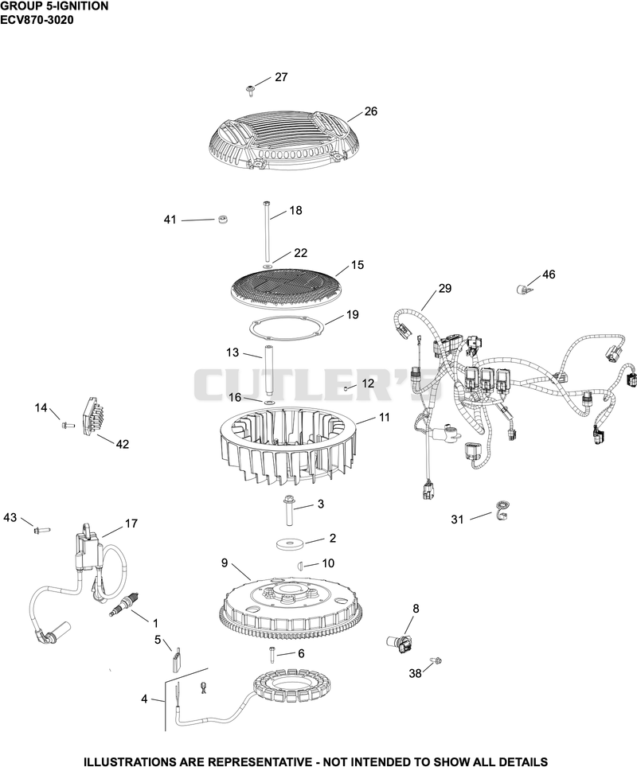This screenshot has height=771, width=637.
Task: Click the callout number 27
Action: pyautogui.click(x=281, y=77)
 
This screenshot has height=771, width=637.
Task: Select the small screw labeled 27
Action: pyautogui.click(x=250, y=89)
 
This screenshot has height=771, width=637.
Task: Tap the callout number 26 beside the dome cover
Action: pyautogui.click(x=370, y=111)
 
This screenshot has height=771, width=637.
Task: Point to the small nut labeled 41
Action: pyautogui.click(x=223, y=219)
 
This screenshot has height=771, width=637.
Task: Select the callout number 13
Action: pyautogui.click(x=233, y=352)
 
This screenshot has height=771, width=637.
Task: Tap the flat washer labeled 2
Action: pyautogui.click(x=289, y=544)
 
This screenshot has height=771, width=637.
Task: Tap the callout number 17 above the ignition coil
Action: pyautogui.click(x=131, y=524)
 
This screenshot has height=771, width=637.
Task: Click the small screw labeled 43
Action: pyautogui.click(x=41, y=530)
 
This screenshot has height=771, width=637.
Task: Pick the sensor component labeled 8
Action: pyautogui.click(x=401, y=643)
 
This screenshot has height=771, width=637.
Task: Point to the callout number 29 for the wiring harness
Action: pyautogui.click(x=444, y=288)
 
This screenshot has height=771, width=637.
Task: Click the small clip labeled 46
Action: pyautogui.click(x=525, y=289)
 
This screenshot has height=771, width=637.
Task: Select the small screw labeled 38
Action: pyautogui.click(x=436, y=660)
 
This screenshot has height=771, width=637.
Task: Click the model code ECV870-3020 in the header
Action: pyautogui.click(x=37, y=20)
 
